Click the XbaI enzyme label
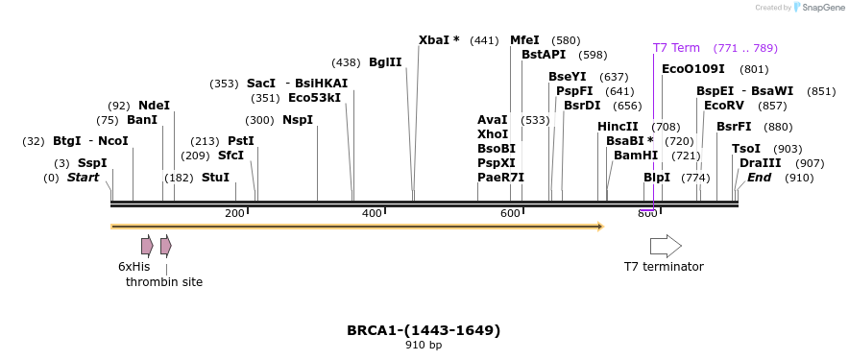coord(439,40)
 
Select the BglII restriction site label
coord(385,62)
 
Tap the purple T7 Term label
coord(676,48)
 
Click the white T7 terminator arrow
coord(666,246)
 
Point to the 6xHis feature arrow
coord(147,246)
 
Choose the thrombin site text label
coord(164,282)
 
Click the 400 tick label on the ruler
coord(372,213)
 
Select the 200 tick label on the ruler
coord(234,213)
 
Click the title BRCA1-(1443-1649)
coord(424,330)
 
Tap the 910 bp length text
coord(424,346)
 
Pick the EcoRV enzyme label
coord(724,106)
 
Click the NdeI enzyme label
coord(154,106)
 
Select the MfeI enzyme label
coord(525,40)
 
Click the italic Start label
coord(83,178)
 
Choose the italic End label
coord(759,178)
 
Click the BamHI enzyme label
coord(636,155)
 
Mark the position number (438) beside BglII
coord(346,62)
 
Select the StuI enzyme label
coord(215,178)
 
